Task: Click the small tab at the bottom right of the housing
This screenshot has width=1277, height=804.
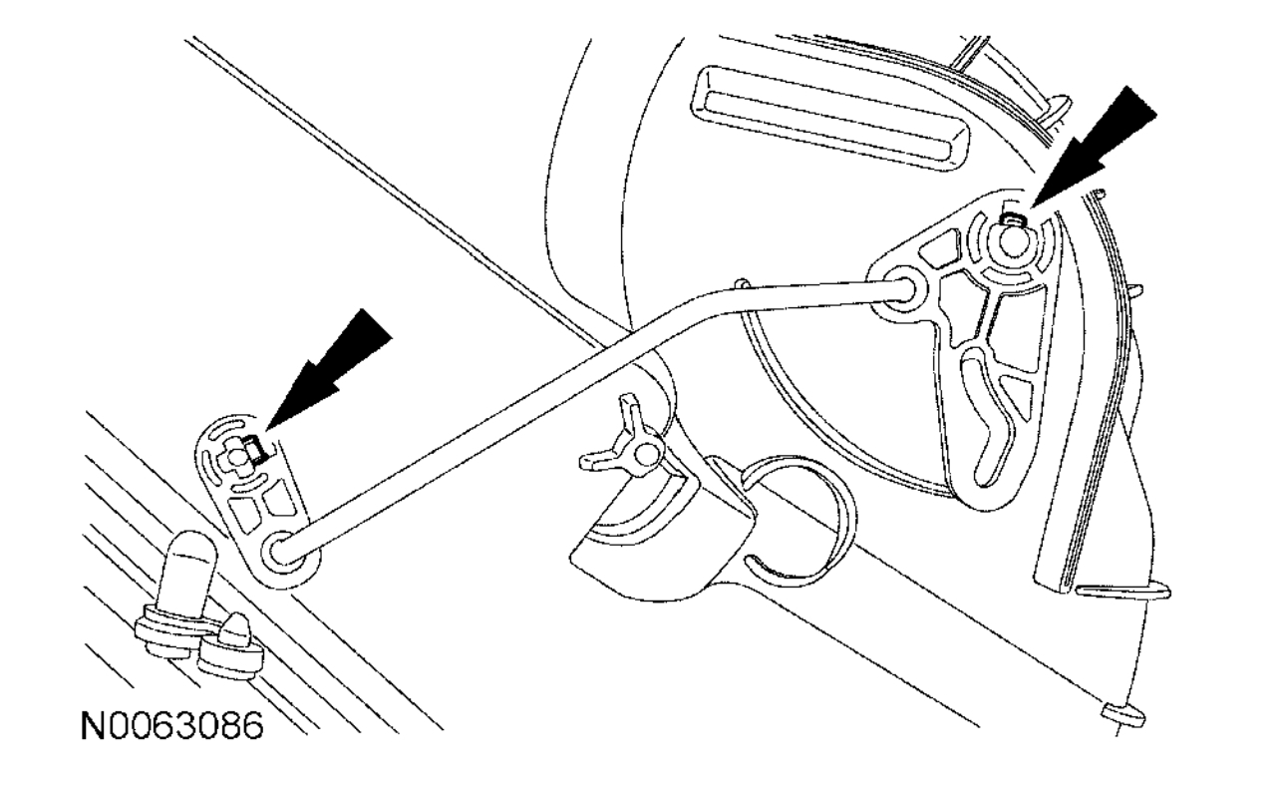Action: [x=1124, y=713]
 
